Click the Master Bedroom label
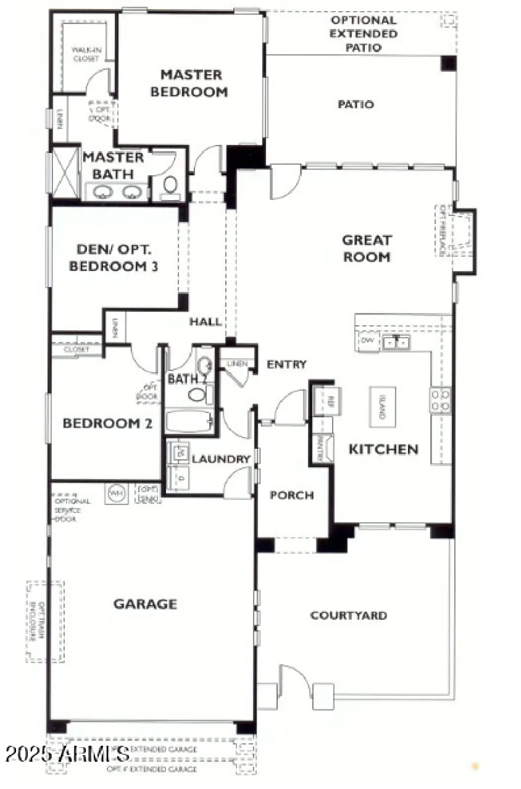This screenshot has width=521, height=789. (189, 83)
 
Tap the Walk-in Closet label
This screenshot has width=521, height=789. (86, 54)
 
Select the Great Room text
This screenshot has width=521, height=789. (367, 248)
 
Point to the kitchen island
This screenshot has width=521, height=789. (383, 407)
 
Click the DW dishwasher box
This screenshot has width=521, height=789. (368, 341)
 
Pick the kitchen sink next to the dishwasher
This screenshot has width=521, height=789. (396, 342)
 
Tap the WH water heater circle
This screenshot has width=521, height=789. (116, 493)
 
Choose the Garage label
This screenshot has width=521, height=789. (145, 604)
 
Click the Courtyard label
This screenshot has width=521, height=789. (348, 615)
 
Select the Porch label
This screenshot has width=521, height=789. (292, 495)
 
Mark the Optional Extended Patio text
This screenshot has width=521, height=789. (363, 34)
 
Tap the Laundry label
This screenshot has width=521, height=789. (221, 459)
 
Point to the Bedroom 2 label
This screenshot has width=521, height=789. (107, 423)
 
